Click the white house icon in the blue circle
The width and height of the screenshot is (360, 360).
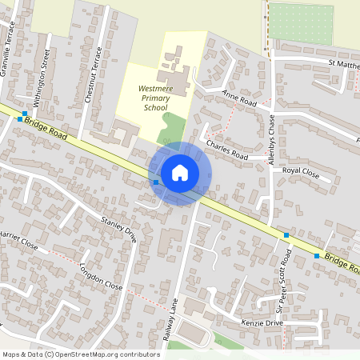(180, 173)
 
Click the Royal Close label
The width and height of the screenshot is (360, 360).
(301, 171)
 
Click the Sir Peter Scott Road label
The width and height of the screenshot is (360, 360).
(284, 281)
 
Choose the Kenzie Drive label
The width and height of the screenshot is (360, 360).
(262, 322)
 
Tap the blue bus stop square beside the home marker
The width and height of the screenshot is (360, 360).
(155, 182)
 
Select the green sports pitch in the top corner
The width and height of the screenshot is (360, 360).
(300, 24)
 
